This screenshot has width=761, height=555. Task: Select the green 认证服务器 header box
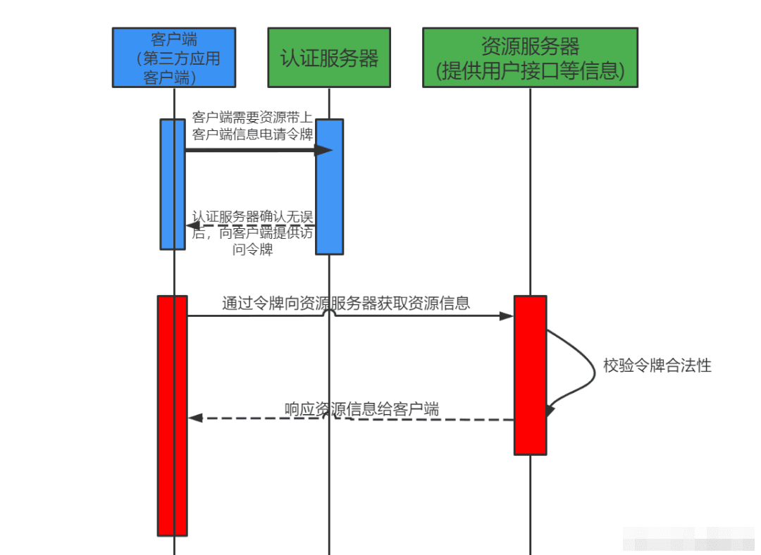328,58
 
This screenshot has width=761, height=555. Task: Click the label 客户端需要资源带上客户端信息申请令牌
252,125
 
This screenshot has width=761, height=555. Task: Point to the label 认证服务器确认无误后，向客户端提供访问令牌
252,233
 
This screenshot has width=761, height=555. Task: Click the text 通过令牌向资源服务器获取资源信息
346,303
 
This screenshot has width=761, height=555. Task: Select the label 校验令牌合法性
657,366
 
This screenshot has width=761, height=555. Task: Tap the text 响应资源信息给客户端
361,409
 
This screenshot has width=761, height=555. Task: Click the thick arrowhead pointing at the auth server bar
323,149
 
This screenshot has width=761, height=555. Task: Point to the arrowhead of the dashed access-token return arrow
192,225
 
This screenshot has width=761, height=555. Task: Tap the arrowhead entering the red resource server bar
507,316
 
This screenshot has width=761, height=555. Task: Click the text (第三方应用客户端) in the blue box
177,68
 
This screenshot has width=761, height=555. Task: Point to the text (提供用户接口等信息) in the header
530,70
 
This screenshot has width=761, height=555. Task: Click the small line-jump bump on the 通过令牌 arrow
328,312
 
